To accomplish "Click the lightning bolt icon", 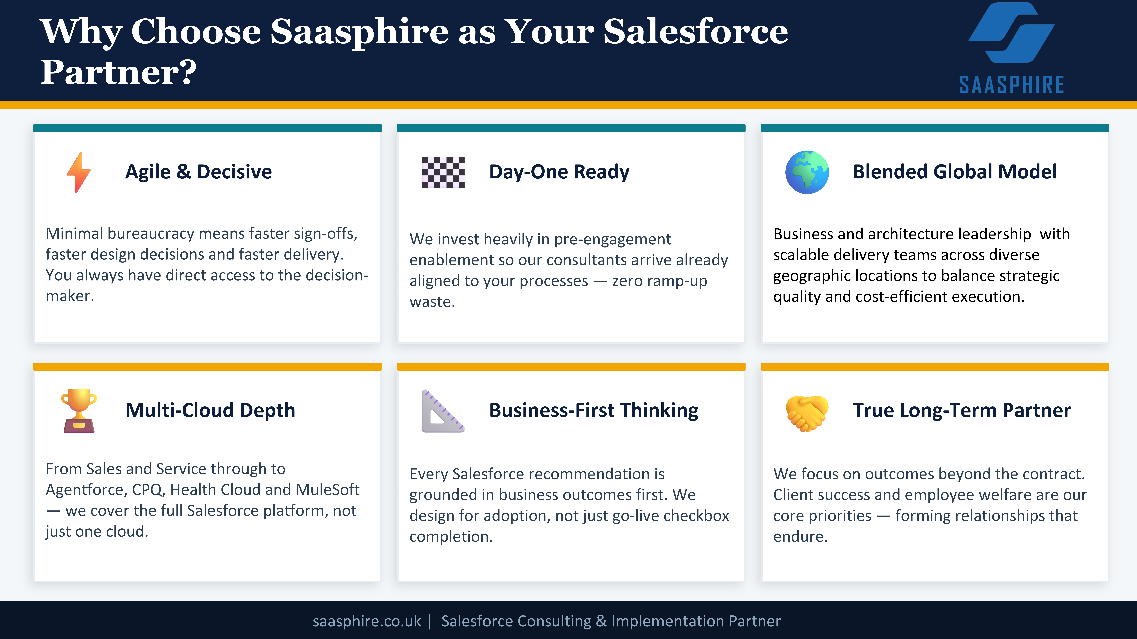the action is [79, 172].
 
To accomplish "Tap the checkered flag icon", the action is [443, 172].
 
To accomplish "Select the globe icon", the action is [807, 172].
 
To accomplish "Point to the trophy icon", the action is [79, 411].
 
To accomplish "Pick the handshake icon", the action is [807, 413].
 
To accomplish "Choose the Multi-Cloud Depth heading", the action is [210, 411].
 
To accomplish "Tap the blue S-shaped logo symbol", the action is [1011, 33].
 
